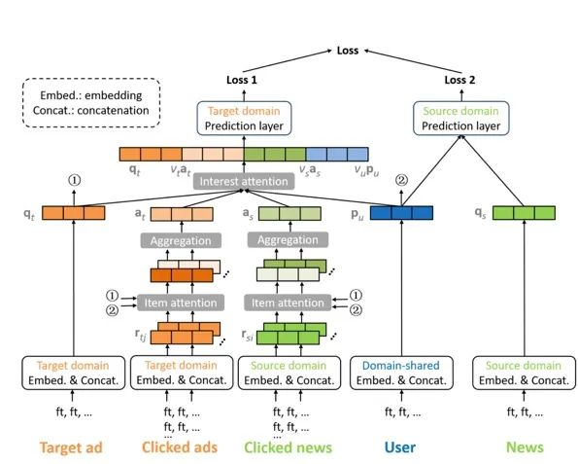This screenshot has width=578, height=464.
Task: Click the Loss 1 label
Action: pyautogui.click(x=242, y=80)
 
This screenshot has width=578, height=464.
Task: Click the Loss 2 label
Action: pyautogui.click(x=459, y=80)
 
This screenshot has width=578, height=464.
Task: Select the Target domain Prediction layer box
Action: pyautogui.click(x=244, y=118)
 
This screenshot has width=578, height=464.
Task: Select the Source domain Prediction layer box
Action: pyautogui.click(x=460, y=118)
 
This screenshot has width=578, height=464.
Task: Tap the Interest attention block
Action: pyautogui.click(x=244, y=181)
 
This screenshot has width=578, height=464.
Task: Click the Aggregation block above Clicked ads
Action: pyautogui.click(x=181, y=240)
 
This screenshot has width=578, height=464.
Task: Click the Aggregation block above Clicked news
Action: pyautogui.click(x=288, y=240)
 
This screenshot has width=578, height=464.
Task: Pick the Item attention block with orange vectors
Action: pyautogui.click(x=181, y=303)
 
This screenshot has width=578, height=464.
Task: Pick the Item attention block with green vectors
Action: pyautogui.click(x=288, y=303)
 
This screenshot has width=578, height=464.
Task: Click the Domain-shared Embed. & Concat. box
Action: pyautogui.click(x=401, y=373)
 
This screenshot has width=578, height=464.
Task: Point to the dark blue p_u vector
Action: pyautogui.click(x=401, y=213)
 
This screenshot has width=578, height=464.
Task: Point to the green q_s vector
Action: pyautogui.click(x=524, y=213)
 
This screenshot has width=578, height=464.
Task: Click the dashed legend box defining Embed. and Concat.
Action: pyautogui.click(x=91, y=103)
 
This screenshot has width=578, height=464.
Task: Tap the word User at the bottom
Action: pyautogui.click(x=400, y=447)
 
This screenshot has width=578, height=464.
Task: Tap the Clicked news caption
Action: pyautogui.click(x=288, y=447)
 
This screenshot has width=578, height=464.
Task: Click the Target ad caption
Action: pyautogui.click(x=71, y=447)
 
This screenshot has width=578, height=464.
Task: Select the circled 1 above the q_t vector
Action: pyautogui.click(x=74, y=181)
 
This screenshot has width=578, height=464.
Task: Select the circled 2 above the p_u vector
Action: pyautogui.click(x=401, y=181)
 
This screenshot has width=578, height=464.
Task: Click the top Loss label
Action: pyautogui.click(x=348, y=51)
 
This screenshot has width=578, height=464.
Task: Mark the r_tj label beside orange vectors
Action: pyautogui.click(x=141, y=335)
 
